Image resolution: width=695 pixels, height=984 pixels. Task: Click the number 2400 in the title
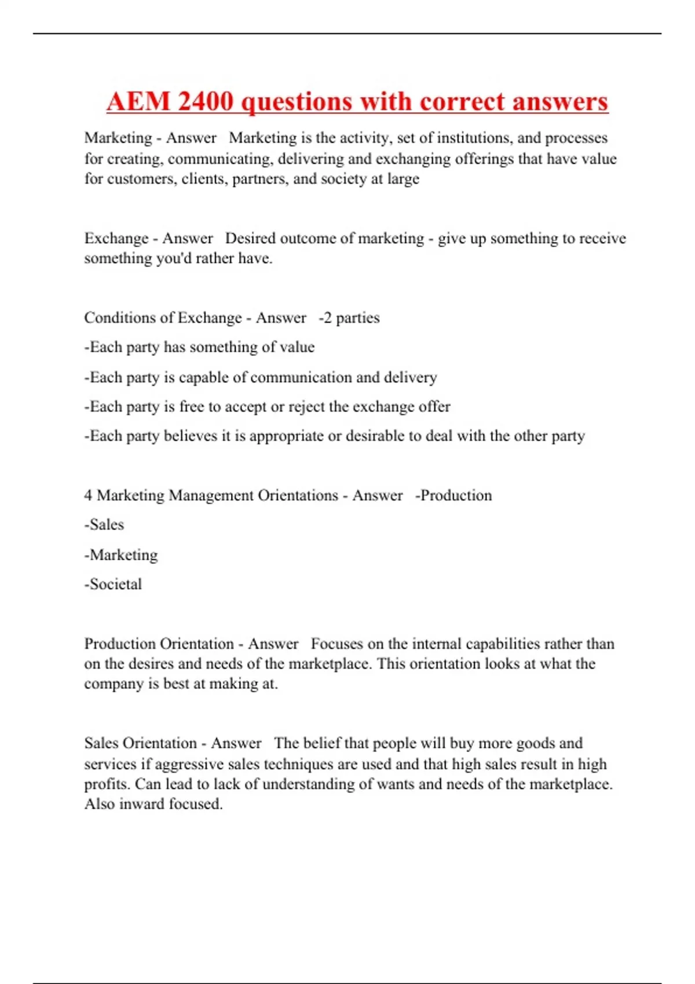pyautogui.click(x=206, y=102)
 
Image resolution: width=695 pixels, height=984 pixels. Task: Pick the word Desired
pyautogui.click(x=250, y=238)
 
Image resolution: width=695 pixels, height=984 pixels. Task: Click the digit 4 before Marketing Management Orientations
pyautogui.click(x=88, y=495)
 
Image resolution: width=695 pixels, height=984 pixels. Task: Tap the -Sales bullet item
pyautogui.click(x=104, y=524)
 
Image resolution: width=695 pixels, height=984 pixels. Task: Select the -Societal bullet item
pyautogui.click(x=113, y=584)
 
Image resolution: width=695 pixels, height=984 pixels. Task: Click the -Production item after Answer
pyautogui.click(x=453, y=495)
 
